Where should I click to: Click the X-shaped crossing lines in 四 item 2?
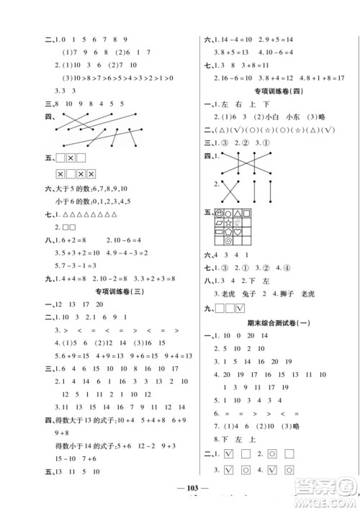(230, 191)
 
